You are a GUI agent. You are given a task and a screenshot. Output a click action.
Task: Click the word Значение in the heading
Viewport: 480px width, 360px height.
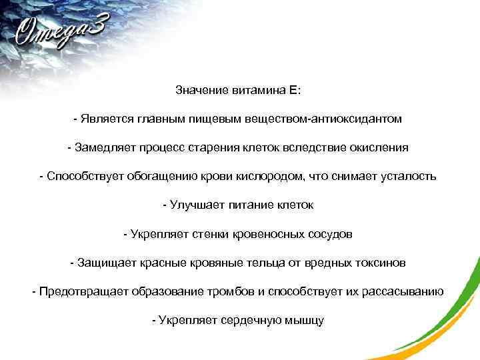point(199,89)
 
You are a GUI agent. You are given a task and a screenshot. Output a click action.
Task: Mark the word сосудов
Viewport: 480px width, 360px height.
point(331,235)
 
